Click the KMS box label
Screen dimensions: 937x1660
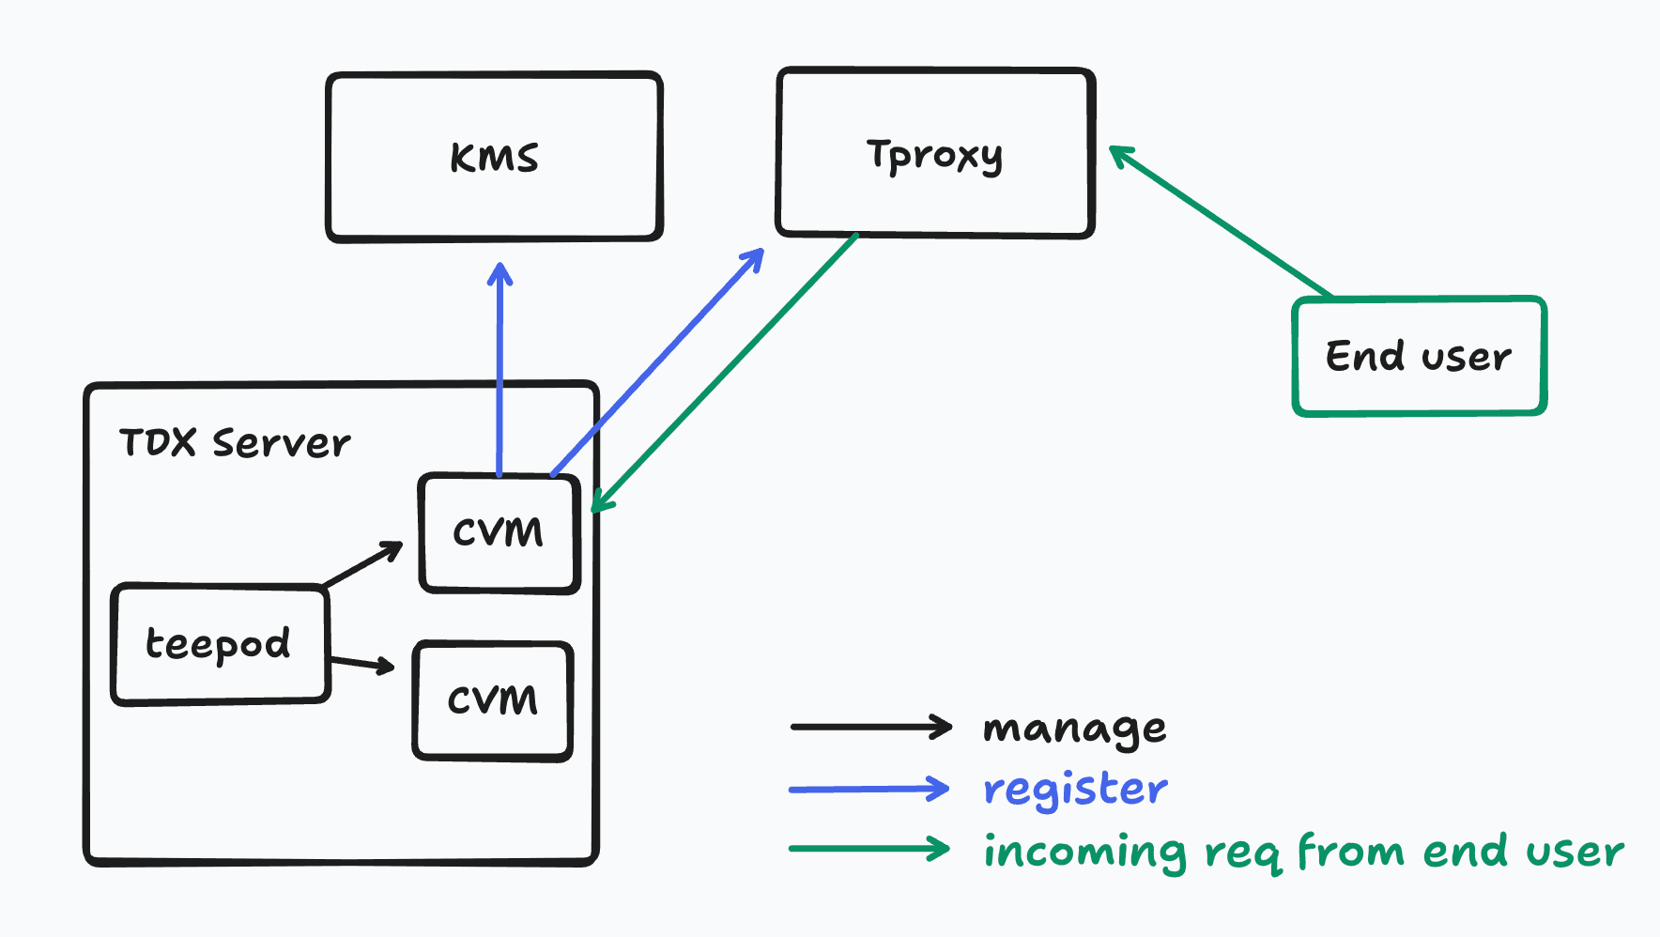[x=494, y=158]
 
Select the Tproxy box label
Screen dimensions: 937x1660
[x=934, y=156]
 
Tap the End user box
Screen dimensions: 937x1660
[x=1418, y=357]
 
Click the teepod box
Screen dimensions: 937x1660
[x=219, y=644]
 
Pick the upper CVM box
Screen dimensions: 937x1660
[x=499, y=532]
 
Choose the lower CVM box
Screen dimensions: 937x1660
[x=493, y=700]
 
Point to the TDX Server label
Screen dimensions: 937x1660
[x=235, y=442]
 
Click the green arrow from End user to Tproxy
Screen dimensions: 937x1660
[x=1221, y=223]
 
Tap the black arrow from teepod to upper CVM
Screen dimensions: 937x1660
[x=362, y=564]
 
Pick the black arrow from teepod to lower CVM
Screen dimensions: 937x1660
[x=361, y=664]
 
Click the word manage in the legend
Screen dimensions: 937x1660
[x=1074, y=729]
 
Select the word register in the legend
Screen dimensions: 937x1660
[x=1075, y=789]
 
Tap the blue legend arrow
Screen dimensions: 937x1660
[x=868, y=789]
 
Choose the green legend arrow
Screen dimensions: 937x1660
[x=868, y=849]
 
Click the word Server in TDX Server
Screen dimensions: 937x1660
[x=281, y=442]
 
